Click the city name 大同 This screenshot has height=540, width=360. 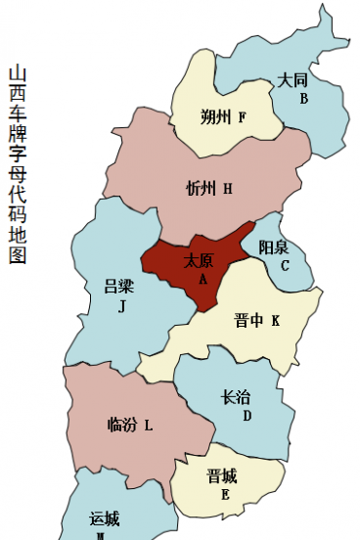(x=292, y=80)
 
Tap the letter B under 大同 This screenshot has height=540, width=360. (x=304, y=99)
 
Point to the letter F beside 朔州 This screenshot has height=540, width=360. (x=242, y=118)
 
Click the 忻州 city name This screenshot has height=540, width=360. (x=202, y=189)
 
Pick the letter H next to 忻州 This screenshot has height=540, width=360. (x=228, y=189)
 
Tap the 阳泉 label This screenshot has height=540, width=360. (x=274, y=247)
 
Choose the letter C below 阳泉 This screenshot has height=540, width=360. (x=285, y=265)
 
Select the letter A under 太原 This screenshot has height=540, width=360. (x=203, y=279)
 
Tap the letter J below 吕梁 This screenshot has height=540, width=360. (x=122, y=306)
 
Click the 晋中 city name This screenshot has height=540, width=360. (x=249, y=320)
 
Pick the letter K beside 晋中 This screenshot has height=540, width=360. (x=276, y=320)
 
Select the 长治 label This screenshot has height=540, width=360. (x=236, y=397)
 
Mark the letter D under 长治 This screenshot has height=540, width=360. (x=247, y=416)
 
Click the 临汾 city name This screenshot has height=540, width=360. (x=122, y=425)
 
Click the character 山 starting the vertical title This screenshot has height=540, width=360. (x=17, y=74)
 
